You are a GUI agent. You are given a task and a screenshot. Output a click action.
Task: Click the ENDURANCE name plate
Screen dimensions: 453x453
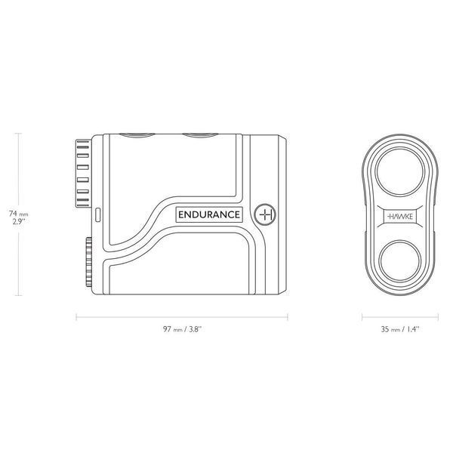pyautogui.click(x=209, y=214)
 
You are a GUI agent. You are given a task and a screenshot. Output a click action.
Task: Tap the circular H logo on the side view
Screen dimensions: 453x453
pyautogui.click(x=265, y=214)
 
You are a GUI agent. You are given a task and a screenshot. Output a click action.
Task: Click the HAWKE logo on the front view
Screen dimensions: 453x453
pyautogui.click(x=400, y=217)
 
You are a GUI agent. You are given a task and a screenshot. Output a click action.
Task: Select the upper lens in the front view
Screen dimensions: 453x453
pyautogui.click(x=400, y=172)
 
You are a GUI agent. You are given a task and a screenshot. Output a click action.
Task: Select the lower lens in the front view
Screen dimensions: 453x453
pyautogui.click(x=400, y=261)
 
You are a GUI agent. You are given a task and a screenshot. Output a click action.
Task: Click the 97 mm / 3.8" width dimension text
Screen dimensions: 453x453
pyautogui.click(x=182, y=329)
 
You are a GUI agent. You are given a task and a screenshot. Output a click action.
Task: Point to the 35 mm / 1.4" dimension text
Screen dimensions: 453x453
pyautogui.click(x=400, y=329)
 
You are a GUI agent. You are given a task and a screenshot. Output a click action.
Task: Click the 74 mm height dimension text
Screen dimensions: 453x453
pyautogui.click(x=18, y=214)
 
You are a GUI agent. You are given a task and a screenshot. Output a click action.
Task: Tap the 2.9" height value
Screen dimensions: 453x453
pyautogui.click(x=19, y=222)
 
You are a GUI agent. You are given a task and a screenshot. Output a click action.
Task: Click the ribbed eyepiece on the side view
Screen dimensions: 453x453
pyautogui.click(x=84, y=174)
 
